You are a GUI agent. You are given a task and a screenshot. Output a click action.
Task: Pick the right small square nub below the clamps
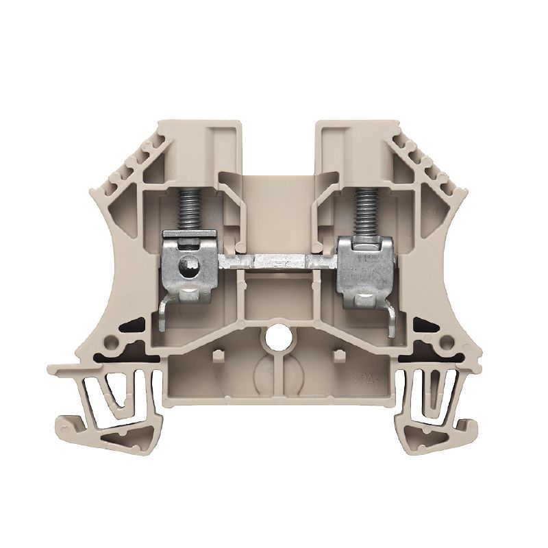pyautogui.click(x=336, y=355)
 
